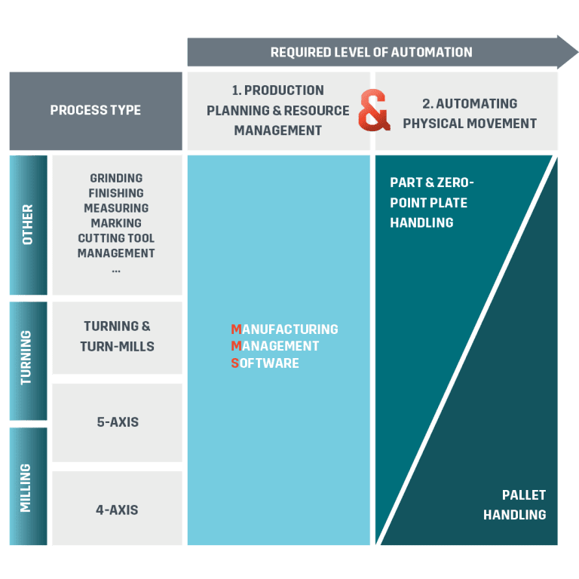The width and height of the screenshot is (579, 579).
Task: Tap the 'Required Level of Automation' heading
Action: click(x=371, y=52)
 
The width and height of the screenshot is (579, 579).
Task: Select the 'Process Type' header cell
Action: click(x=96, y=110)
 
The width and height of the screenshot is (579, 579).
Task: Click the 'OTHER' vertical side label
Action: click(x=28, y=225)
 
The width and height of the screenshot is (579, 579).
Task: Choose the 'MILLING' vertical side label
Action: click(x=28, y=487)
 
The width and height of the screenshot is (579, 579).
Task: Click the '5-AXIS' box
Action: click(x=117, y=422)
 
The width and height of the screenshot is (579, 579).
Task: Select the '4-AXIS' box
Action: click(x=117, y=510)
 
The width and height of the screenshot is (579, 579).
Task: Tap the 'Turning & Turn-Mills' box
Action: click(x=117, y=336)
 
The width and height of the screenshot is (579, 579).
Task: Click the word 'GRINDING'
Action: click(x=116, y=178)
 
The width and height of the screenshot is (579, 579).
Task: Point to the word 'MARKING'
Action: click(x=116, y=223)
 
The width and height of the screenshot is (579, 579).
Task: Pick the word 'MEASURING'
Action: click(x=116, y=208)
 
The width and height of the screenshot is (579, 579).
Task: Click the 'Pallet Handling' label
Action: click(x=514, y=505)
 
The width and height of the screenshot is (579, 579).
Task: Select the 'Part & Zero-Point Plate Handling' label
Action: click(x=428, y=202)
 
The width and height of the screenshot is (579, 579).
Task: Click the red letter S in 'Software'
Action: click(x=235, y=363)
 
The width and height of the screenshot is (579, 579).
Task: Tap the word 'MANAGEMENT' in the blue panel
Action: click(x=275, y=346)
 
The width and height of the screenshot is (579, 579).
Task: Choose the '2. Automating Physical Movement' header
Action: click(x=469, y=113)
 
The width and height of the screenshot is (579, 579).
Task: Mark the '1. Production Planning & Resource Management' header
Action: click(x=277, y=110)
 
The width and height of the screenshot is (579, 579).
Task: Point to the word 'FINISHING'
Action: click(x=116, y=193)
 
